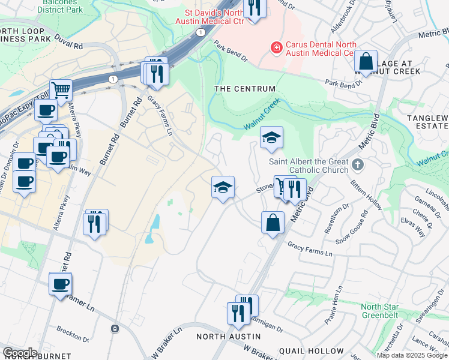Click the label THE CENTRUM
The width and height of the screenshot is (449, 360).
(245, 89)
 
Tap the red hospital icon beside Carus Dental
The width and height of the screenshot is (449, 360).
(276, 46)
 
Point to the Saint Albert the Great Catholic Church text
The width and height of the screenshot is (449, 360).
(309, 165)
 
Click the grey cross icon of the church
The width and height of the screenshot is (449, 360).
(357, 164)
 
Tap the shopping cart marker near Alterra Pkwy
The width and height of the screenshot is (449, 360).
(60, 91)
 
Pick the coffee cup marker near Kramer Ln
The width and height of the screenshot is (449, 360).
(60, 284)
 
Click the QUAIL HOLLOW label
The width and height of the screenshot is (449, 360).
(316, 351)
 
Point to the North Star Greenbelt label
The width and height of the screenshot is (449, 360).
(388, 311)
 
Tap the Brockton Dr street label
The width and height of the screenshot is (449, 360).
(73, 330)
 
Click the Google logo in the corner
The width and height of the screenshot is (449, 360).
(20, 352)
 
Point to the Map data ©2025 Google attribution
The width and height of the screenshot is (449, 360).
(412, 355)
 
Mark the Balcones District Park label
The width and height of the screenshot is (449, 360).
(60, 6)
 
